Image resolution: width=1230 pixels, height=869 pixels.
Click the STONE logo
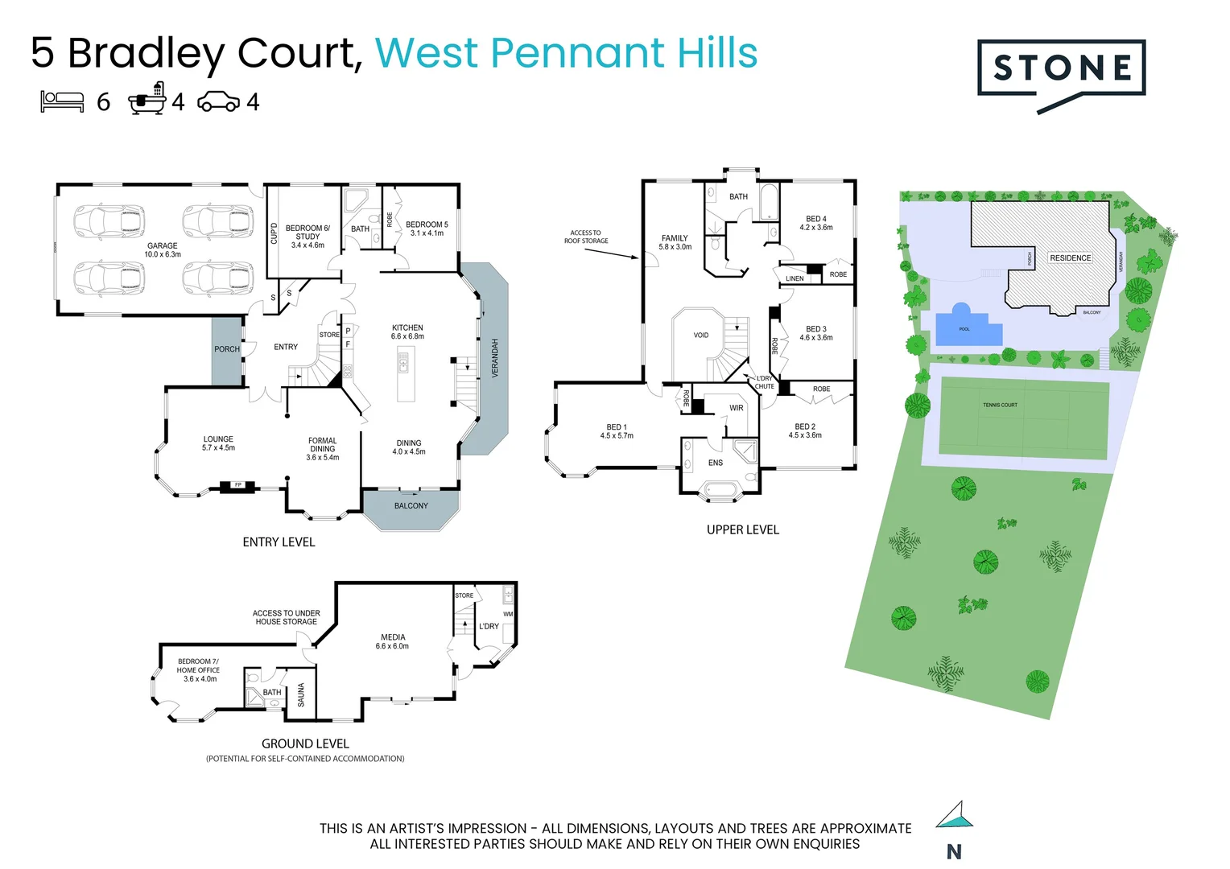coord(1061,70)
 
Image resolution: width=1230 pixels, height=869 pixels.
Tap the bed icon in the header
coord(63,101)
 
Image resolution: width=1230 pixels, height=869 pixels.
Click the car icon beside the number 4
coord(218,101)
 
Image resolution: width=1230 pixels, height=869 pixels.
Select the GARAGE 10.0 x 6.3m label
coord(163,250)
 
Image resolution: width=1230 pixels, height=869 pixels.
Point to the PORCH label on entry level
coord(227,349)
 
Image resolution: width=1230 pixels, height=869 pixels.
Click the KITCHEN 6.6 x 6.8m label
coord(407,332)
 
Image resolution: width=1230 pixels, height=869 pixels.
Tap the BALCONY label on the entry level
coord(411,506)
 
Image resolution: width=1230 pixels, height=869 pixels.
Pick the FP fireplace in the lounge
coord(238,485)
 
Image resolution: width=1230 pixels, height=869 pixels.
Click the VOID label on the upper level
coord(701,336)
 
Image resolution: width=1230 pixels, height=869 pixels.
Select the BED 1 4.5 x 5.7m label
coord(617,431)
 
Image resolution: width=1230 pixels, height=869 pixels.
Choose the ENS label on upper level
coord(716,463)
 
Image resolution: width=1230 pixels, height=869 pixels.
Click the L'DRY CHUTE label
coord(764,382)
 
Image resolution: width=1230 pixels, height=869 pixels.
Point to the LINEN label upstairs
coord(795,278)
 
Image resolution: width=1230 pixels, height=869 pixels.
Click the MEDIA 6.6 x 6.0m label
coord(393,641)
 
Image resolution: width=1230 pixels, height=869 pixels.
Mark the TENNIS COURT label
coord(1000,405)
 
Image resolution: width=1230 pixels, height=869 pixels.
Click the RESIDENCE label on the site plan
coord(1071,258)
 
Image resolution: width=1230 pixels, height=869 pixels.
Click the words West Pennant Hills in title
coord(567,53)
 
